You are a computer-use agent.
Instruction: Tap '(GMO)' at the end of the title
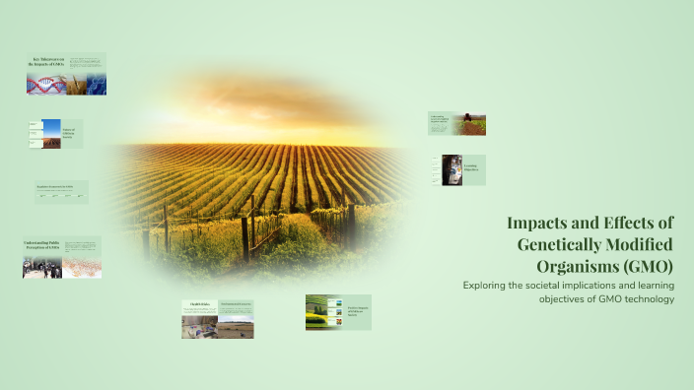(648, 266)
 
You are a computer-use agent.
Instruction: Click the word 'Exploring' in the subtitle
(486, 286)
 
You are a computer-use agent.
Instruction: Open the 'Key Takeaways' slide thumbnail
(66, 74)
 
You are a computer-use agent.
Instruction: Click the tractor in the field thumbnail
(469, 124)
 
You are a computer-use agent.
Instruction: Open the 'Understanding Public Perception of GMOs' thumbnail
(62, 257)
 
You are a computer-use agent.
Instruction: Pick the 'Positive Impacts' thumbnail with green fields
(338, 311)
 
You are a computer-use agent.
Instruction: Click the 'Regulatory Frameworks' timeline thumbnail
(61, 192)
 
